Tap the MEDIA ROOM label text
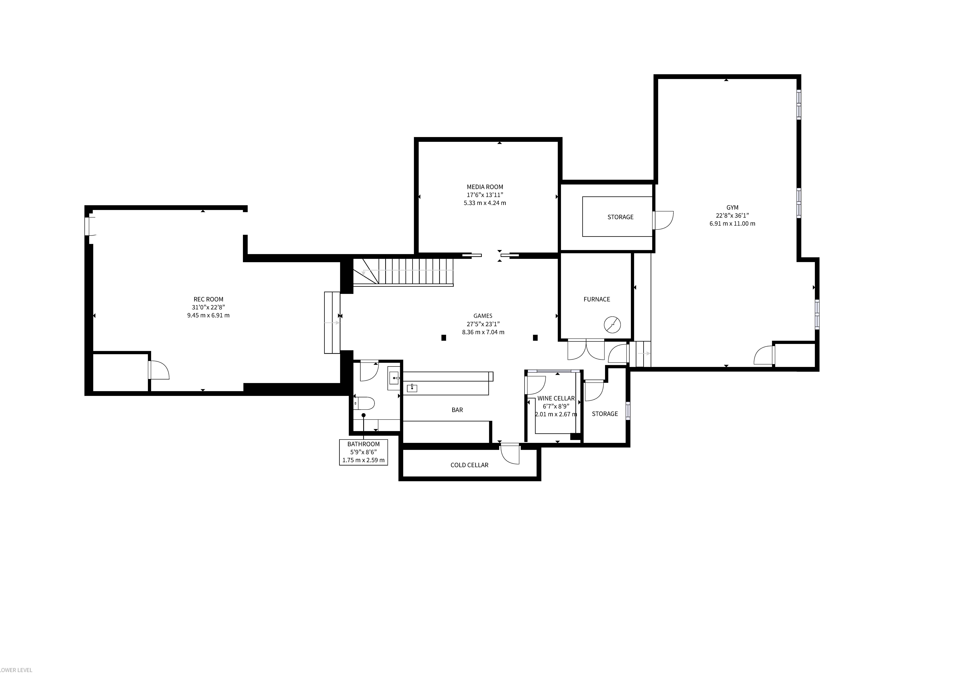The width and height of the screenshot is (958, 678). click(x=485, y=187)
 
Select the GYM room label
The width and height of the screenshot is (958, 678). click(x=732, y=207)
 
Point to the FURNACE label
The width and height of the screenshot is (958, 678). click(x=597, y=299)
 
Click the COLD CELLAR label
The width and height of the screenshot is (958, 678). click(x=469, y=465)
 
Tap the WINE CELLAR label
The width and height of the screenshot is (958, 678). click(x=556, y=398)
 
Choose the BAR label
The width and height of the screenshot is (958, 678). click(x=457, y=410)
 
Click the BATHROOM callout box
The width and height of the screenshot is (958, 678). click(x=363, y=452)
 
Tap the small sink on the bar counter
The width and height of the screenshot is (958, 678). click(x=412, y=388)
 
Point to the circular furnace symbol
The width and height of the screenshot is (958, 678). click(x=612, y=325)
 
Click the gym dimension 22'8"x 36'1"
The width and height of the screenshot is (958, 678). click(x=732, y=215)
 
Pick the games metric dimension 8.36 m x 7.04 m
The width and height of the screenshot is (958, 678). click(x=483, y=332)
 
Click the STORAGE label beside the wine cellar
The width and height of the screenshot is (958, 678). click(x=605, y=414)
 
